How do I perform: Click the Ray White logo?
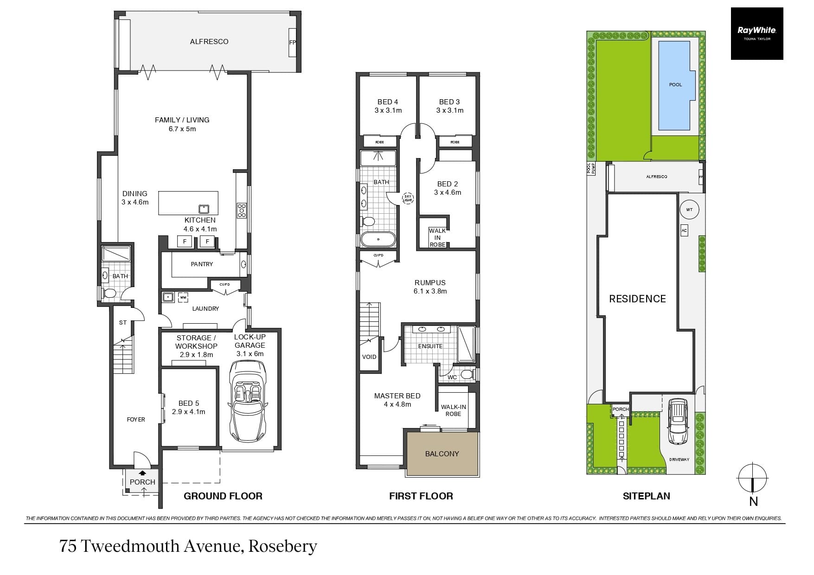coord(756,33)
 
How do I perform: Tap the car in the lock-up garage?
coord(249,402)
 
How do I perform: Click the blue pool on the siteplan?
coord(675,85)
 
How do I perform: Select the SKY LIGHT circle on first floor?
coord(408,198)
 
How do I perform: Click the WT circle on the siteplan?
coord(689,210)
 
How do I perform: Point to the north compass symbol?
coord(752,479)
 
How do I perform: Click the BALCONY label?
coord(442,454)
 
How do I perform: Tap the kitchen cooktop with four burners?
coord(242,210)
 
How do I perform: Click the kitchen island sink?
coord(204,208)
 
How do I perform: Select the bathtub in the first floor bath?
coord(378,239)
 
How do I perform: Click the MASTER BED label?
coord(397,396)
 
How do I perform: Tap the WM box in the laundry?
coord(183,297)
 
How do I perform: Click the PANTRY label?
coord(202,264)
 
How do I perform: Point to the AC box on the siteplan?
coord(684,230)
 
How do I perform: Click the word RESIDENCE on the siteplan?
coord(637,299)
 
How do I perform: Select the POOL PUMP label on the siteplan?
coord(591,168)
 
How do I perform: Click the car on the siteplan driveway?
coord(677,421)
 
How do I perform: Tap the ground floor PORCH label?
coord(142,482)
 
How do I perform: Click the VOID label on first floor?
coord(369,357)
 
